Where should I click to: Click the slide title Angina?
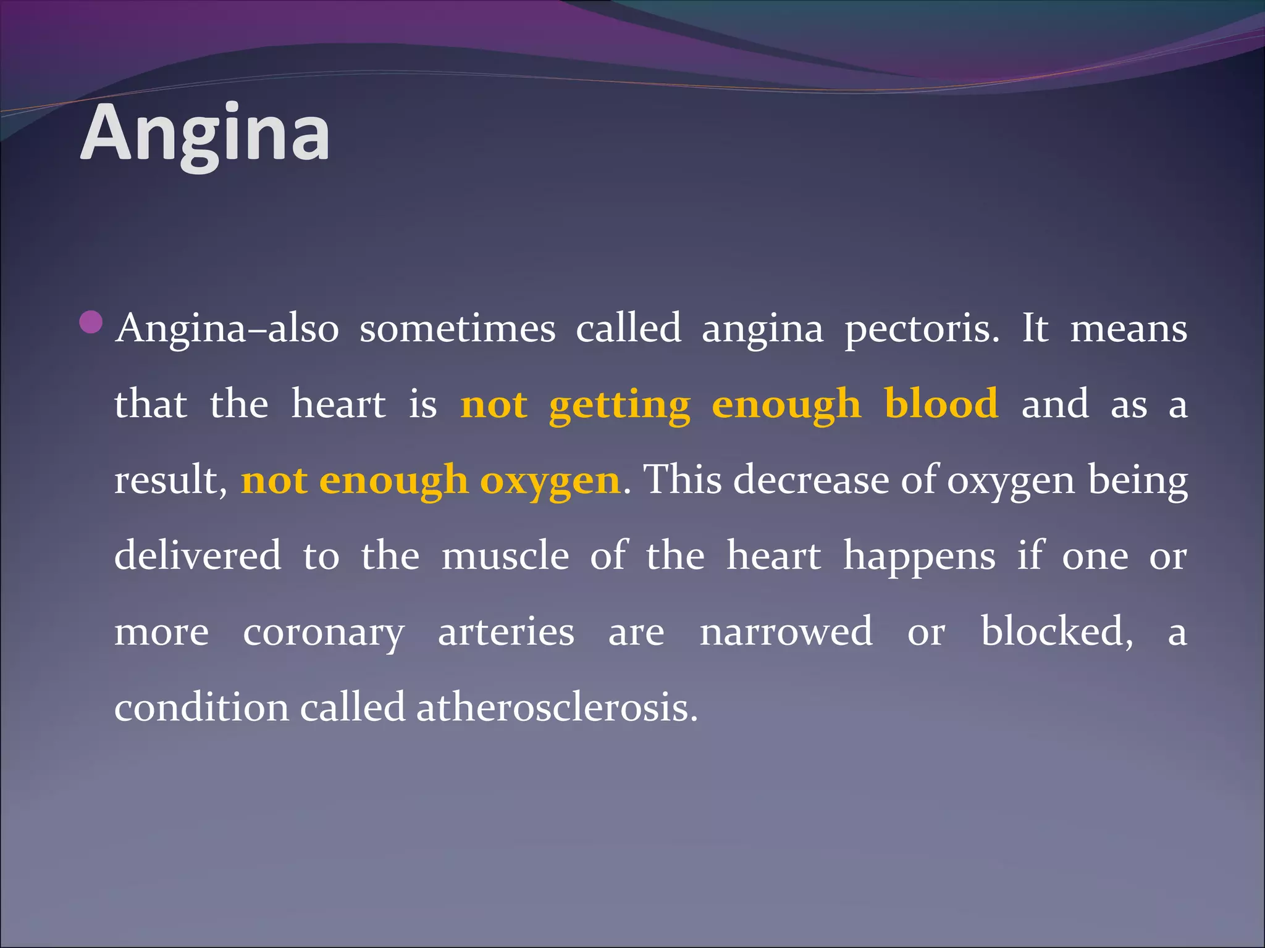pos(204,133)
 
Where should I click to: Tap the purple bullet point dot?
pos(91,322)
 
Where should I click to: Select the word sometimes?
pos(457,328)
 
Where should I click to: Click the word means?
pos(1128,328)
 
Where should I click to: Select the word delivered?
pos(198,555)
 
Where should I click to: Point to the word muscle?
pos(505,555)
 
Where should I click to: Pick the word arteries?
pos(506,631)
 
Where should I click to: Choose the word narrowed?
pos(786,631)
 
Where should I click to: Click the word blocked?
pos(1057,631)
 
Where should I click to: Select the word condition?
pos(201,707)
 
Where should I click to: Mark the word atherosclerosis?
pos(557,707)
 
